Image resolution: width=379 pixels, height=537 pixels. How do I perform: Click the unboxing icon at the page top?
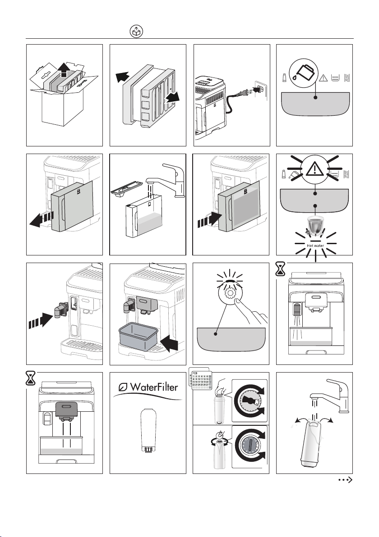136,31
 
